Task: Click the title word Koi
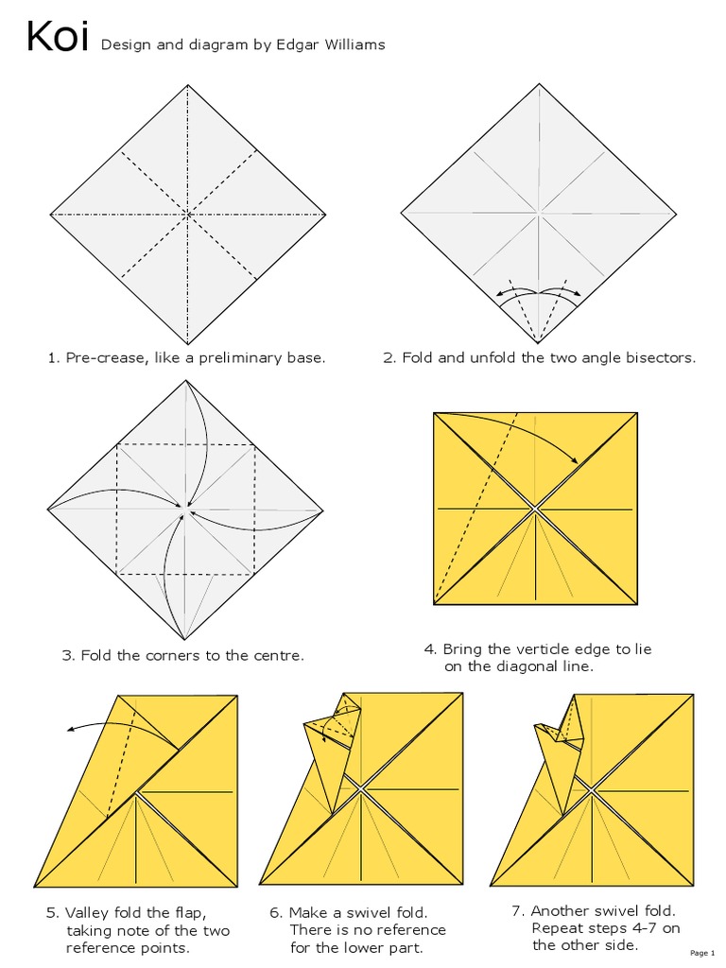click(x=58, y=37)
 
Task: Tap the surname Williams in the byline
click(x=354, y=44)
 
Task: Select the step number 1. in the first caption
click(x=54, y=358)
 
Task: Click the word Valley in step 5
click(x=88, y=913)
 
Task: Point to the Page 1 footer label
click(x=702, y=953)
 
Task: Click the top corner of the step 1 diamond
click(x=188, y=84)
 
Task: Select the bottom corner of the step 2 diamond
click(x=538, y=343)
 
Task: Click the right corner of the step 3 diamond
click(x=323, y=510)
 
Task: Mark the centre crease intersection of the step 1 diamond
click(x=188, y=215)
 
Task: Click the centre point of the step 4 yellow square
click(x=535, y=509)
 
